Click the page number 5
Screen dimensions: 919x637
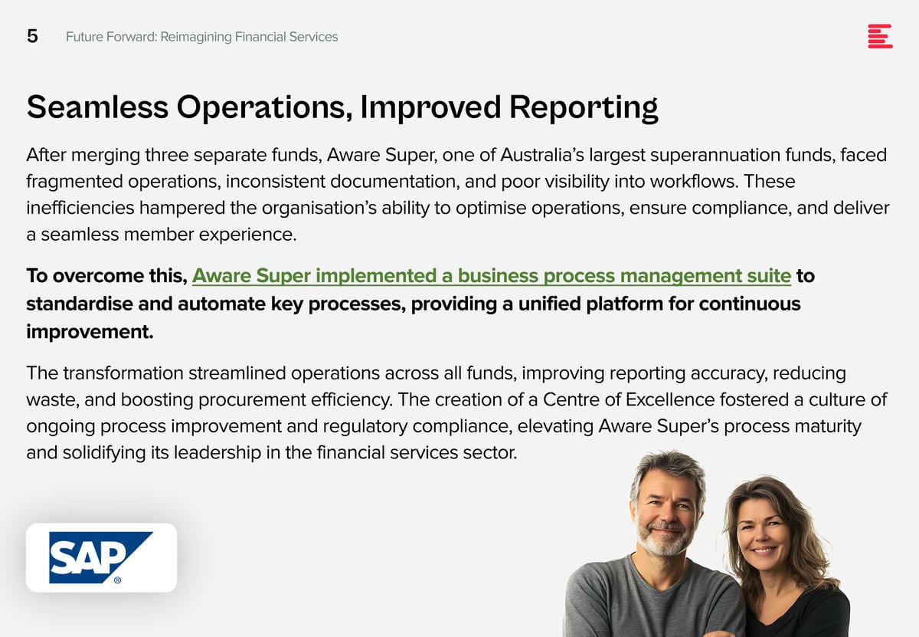32,36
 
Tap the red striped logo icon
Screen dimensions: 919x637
880,36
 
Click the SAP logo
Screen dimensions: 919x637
101,557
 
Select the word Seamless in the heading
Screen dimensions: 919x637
98,107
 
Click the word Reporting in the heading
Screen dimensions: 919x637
584,108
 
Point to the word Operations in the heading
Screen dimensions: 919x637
264,108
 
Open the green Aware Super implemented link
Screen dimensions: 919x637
492,276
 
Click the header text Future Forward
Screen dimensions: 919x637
110,37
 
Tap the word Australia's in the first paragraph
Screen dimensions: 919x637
542,156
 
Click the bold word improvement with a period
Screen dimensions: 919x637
90,332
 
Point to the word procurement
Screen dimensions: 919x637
252,400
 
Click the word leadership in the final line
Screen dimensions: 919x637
217,453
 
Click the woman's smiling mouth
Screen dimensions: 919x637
763,550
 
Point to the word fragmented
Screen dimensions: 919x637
75,182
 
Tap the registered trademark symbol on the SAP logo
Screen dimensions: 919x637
117,580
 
